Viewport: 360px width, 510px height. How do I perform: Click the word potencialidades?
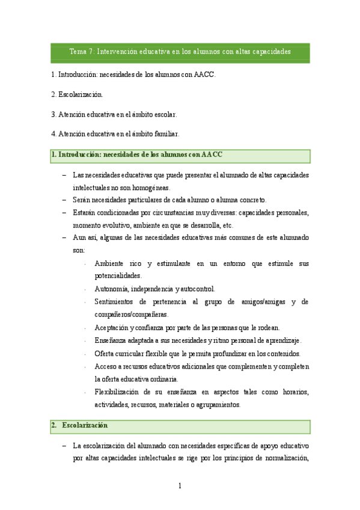[x=118, y=275]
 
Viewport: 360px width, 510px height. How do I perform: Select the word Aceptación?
[x=112, y=327]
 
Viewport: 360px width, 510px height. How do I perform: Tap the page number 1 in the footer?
[x=180, y=485]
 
